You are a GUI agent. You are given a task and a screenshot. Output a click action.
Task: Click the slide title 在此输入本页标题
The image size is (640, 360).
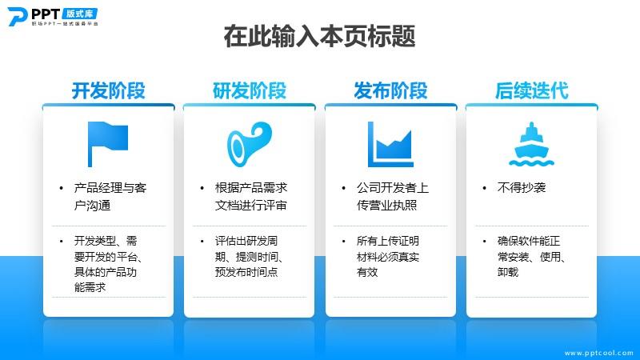(x=319, y=36)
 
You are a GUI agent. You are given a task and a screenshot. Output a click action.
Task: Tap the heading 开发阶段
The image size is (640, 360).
(x=109, y=90)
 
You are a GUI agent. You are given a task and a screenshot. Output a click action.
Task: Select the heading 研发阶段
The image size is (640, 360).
(x=250, y=90)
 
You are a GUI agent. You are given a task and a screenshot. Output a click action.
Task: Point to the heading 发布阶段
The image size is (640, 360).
(x=390, y=90)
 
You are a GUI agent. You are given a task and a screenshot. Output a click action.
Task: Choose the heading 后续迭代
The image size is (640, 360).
(x=531, y=90)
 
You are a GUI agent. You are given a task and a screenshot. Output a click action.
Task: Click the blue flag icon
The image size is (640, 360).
(x=108, y=144)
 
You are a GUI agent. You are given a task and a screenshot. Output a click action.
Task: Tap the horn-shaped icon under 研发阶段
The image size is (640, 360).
(x=250, y=144)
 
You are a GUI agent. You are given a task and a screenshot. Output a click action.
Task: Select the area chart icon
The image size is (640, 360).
(x=390, y=144)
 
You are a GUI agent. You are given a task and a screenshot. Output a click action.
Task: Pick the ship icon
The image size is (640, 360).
(x=531, y=144)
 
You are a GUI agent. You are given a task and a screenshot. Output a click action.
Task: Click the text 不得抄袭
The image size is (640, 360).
(x=522, y=188)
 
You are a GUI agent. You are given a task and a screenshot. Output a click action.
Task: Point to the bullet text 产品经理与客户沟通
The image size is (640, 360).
(x=110, y=196)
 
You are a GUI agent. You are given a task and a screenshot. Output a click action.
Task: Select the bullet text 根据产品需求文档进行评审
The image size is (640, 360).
(x=251, y=196)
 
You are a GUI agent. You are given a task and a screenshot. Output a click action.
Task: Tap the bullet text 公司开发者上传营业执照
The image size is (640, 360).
(x=393, y=196)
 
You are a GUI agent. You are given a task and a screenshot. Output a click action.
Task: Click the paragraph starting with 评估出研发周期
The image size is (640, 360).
(x=249, y=256)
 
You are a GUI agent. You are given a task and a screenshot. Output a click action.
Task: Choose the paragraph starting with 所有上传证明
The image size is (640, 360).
(x=388, y=256)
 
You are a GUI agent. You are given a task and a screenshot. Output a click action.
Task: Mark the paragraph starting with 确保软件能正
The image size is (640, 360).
(x=531, y=256)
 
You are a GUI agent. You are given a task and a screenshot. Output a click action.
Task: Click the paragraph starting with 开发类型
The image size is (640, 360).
(x=108, y=264)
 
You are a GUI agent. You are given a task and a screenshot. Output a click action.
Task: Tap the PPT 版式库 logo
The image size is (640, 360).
(x=53, y=17)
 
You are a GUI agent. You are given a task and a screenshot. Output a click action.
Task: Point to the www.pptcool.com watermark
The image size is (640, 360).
(x=598, y=353)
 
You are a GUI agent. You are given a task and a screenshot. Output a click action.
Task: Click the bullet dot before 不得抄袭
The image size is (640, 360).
(x=485, y=188)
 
